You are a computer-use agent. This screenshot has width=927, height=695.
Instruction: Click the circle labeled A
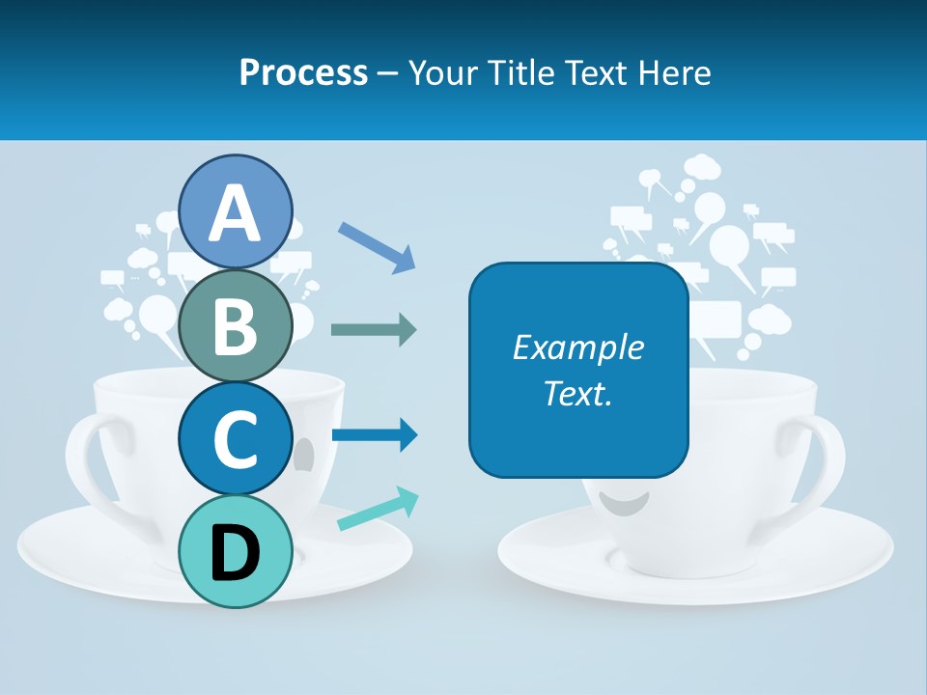point(236,211)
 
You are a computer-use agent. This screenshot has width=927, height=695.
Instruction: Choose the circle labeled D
point(236,551)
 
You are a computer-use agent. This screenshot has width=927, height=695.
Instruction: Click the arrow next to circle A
point(377,245)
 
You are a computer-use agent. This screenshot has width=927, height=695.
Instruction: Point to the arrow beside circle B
point(373,330)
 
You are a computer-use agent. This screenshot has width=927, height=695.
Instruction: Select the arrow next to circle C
point(374,435)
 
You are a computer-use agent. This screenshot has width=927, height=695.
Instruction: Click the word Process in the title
point(303,72)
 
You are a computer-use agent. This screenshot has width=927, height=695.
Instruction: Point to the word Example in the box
point(577,347)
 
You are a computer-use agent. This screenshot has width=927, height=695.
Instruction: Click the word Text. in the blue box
point(577,393)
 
